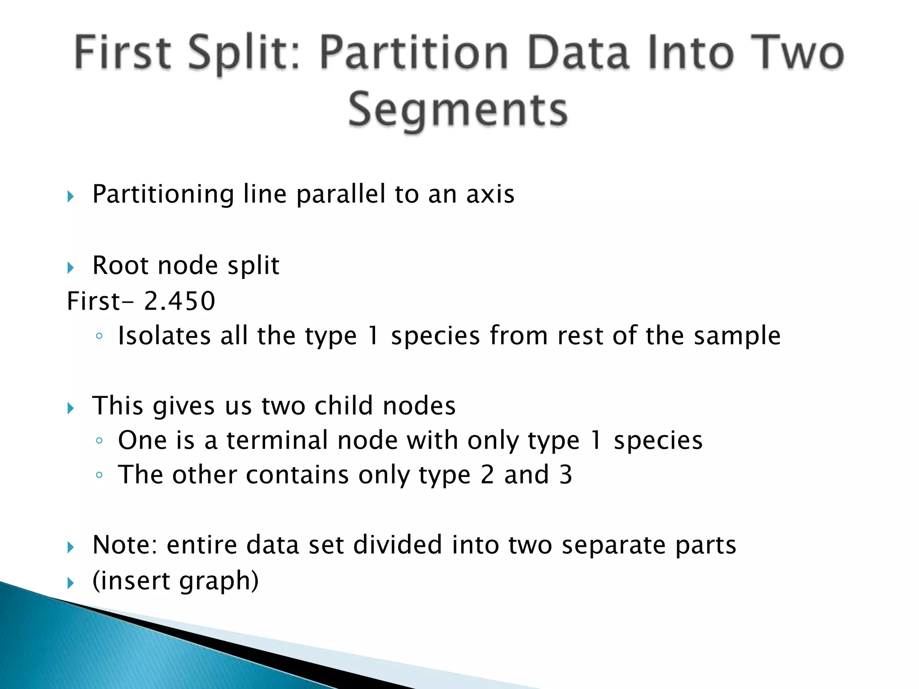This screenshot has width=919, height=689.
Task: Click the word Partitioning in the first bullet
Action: [163, 194]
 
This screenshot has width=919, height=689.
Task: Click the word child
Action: [344, 406]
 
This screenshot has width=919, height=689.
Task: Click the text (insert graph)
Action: [175, 581]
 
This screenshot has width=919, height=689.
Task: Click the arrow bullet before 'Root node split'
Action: [70, 268]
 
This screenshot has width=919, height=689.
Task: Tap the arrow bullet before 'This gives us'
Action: [70, 408]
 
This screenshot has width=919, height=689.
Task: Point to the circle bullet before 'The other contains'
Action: [99, 475]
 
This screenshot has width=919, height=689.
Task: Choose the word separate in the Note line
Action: [613, 546]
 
